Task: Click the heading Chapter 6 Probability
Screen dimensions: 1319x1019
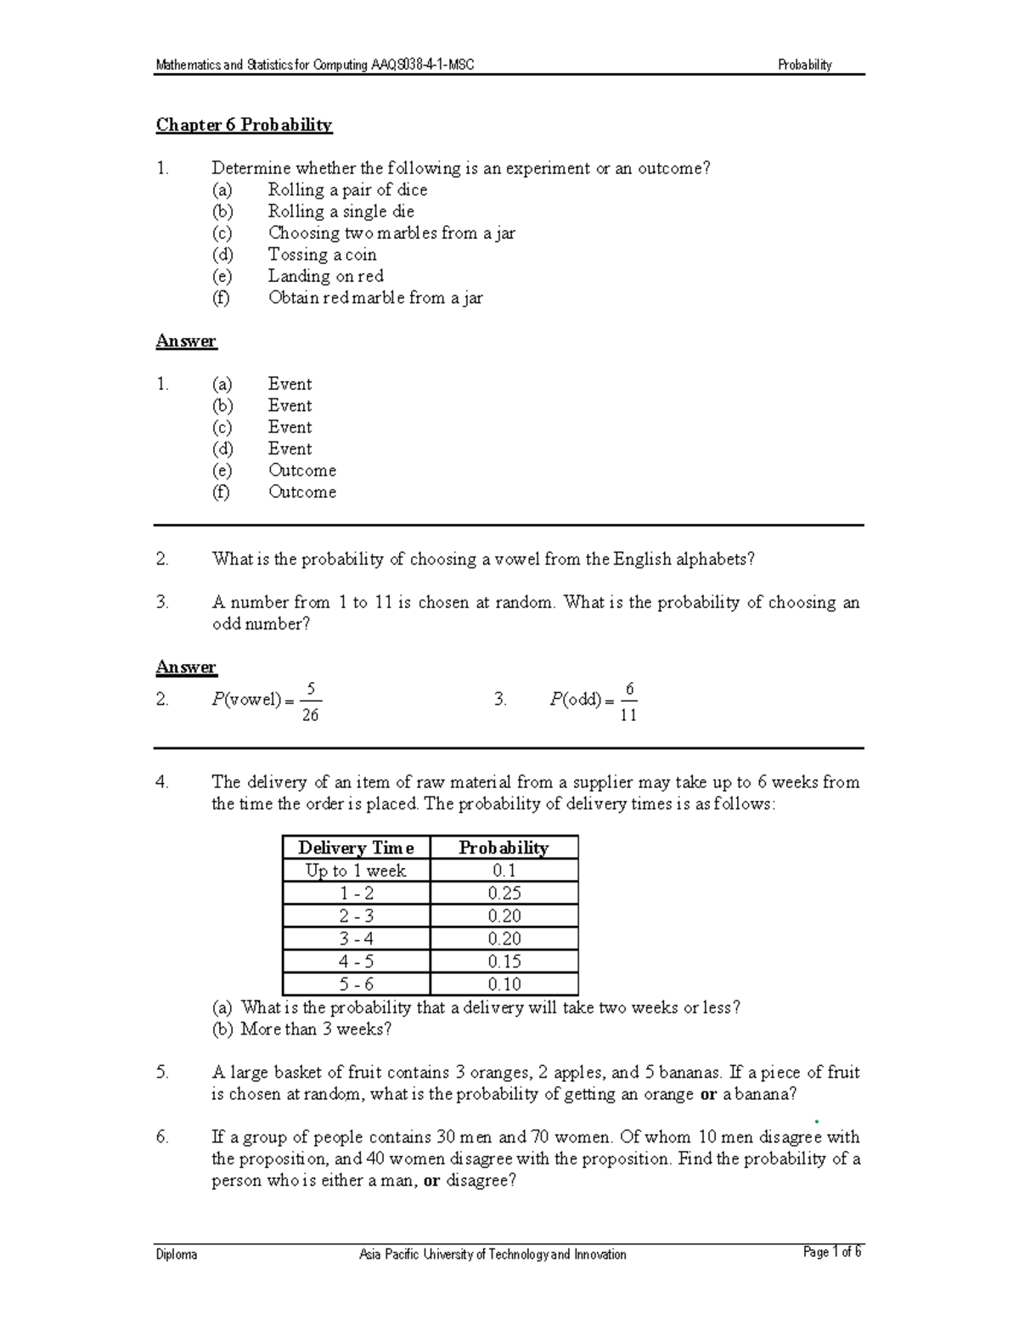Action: pos(244,125)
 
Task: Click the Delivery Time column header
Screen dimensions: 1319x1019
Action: pos(356,848)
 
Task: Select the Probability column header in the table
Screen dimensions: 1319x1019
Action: pos(504,848)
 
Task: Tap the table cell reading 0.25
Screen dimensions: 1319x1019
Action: pos(504,893)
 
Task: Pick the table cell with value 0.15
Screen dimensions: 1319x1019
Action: pos(504,961)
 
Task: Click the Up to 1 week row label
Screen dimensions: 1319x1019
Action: pos(356,871)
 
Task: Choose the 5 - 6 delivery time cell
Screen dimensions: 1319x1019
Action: pos(356,984)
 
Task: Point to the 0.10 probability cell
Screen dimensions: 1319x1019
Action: pos(504,984)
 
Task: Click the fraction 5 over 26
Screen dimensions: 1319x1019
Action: pos(310,702)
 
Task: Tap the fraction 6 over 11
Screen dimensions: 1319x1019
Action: pos(628,702)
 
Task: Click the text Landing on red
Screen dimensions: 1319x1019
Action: pos(325,276)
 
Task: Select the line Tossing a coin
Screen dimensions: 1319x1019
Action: pos(322,255)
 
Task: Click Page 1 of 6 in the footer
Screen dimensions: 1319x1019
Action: pos(831,1252)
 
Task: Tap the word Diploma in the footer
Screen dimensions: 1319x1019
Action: pos(176,1254)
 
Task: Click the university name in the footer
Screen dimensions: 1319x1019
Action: pos(493,1254)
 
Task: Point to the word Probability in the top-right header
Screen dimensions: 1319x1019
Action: pos(804,65)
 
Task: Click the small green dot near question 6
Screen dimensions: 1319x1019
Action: pos(816,1122)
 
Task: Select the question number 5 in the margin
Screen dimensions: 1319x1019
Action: pos(162,1073)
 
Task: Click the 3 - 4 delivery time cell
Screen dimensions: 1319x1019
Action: pos(356,939)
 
